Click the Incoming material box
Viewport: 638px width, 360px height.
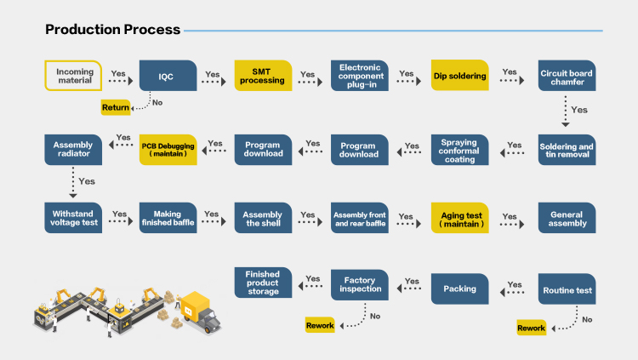73,76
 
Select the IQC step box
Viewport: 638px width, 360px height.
168,76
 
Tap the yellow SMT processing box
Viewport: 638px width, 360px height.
263,76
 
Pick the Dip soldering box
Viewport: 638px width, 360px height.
459,76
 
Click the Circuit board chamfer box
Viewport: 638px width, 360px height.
567,76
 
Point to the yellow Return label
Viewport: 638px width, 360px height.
116,107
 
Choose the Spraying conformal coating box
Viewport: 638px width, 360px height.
459,150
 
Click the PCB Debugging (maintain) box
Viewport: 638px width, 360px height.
168,150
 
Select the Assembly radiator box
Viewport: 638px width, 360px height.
73,150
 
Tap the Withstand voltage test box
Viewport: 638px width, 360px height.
73,218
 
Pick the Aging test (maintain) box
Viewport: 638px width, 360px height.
459,218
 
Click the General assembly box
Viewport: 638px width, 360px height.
567,218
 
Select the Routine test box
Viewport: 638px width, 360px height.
567,289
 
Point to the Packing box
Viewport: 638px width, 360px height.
459,289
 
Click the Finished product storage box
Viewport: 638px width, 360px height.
263,283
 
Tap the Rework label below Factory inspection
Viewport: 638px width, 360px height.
320,325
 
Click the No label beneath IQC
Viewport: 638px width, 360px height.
157,103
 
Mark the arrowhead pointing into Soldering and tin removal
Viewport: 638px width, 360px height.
565,124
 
